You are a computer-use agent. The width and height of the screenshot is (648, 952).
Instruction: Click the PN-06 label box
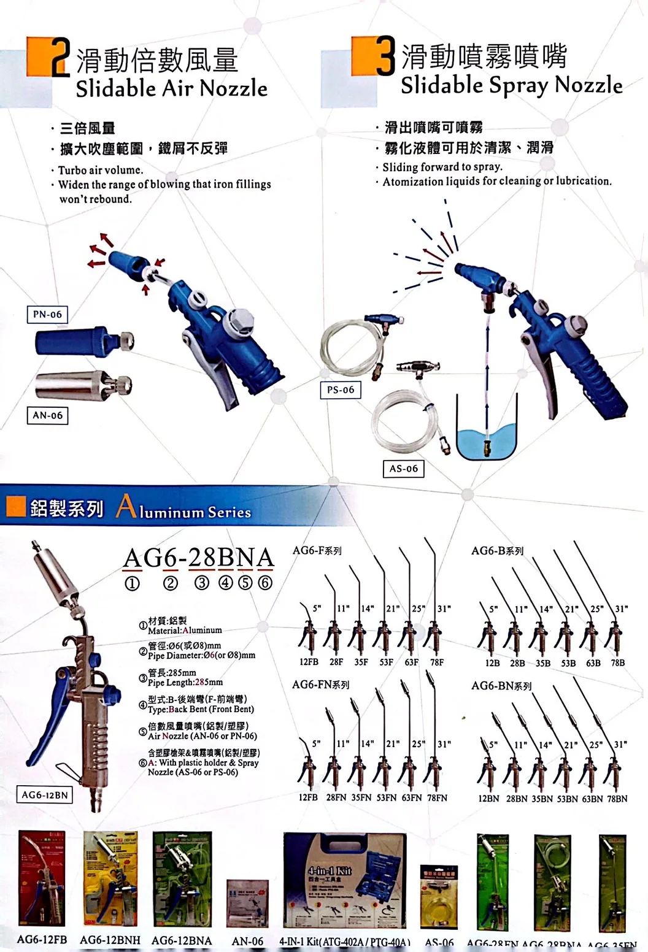point(47,315)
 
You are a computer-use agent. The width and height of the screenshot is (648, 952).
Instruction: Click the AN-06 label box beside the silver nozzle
point(47,415)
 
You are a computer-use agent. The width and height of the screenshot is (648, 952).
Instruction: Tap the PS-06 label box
point(341,390)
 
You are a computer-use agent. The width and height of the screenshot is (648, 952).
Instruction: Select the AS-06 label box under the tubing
point(403,469)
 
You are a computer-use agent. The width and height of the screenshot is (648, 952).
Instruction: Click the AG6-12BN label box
point(44,795)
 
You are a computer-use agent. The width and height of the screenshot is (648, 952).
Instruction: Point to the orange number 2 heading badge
point(49,57)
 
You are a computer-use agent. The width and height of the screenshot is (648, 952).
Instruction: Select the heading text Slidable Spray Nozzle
point(511,85)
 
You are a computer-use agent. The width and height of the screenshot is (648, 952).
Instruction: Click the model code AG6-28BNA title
point(198,558)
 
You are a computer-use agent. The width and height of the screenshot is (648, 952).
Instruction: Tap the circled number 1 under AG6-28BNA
point(132,583)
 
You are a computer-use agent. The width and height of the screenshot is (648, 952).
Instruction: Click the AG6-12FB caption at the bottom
point(42,940)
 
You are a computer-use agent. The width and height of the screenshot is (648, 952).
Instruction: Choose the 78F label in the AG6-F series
point(436,662)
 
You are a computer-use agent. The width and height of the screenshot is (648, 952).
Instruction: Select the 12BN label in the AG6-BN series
point(488,799)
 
